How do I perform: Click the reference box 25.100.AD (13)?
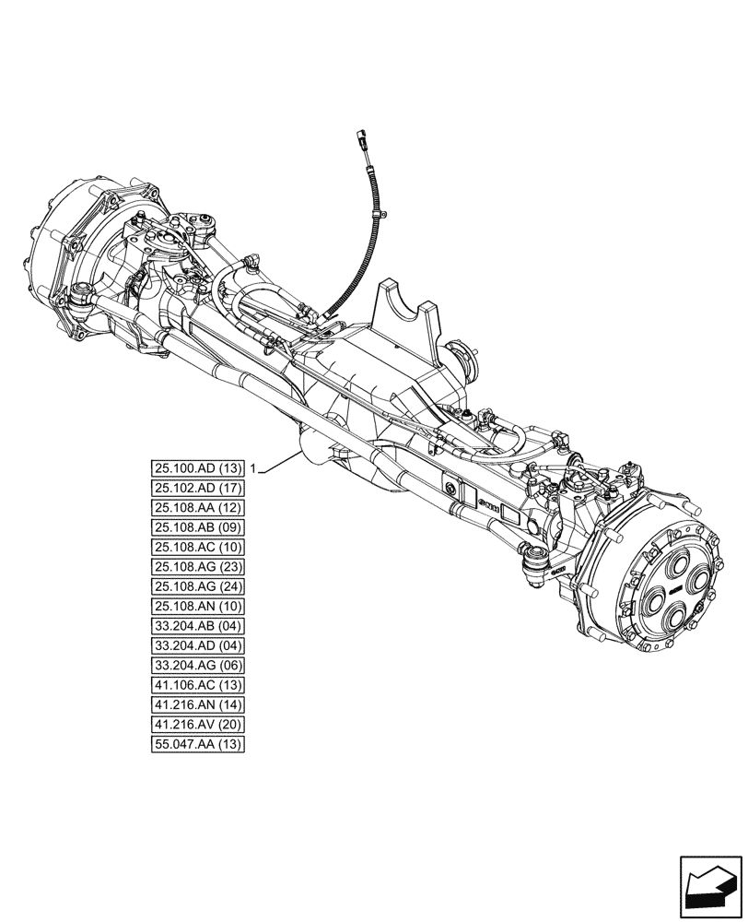pyautogui.click(x=198, y=468)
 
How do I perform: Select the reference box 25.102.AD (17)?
pyautogui.click(x=198, y=488)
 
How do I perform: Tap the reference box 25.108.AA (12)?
pyautogui.click(x=198, y=508)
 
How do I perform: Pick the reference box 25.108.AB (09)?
pyautogui.click(x=198, y=527)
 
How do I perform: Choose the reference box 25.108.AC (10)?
pyautogui.click(x=198, y=547)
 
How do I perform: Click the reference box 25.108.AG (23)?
pyautogui.click(x=198, y=567)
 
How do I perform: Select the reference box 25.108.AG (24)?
pyautogui.click(x=198, y=586)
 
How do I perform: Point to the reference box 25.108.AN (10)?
pyautogui.click(x=198, y=606)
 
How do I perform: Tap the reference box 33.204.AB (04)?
pyautogui.click(x=198, y=626)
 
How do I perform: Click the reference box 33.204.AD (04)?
pyautogui.click(x=198, y=645)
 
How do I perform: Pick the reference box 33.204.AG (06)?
pyautogui.click(x=198, y=665)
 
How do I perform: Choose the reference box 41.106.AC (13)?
pyautogui.click(x=198, y=685)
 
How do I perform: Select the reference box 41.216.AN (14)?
pyautogui.click(x=198, y=704)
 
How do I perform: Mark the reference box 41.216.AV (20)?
pyautogui.click(x=198, y=724)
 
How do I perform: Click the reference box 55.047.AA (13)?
pyautogui.click(x=198, y=744)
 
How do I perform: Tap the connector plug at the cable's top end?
pyautogui.click(x=361, y=141)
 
